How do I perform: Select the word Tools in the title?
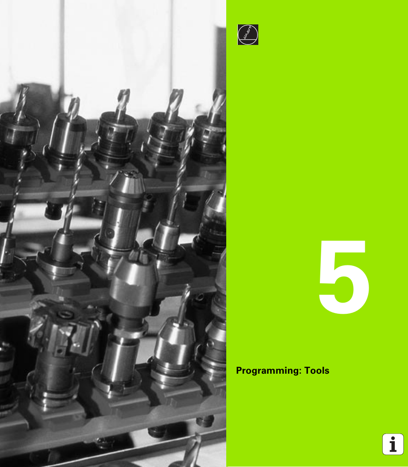tap(317, 371)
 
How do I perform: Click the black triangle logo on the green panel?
tap(248, 35)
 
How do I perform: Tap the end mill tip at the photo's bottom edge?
tap(192, 449)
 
